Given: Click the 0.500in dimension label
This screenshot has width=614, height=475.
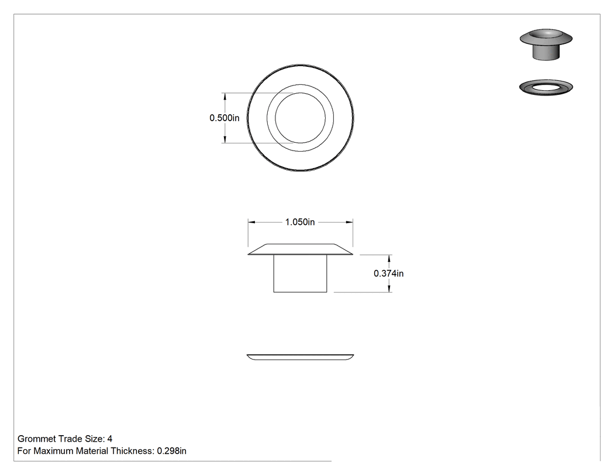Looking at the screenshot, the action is (x=225, y=118).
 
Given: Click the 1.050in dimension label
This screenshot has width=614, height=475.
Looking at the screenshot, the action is (x=300, y=222).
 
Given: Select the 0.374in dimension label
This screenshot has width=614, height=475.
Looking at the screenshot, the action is (x=388, y=274).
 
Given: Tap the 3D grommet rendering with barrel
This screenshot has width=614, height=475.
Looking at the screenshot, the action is (x=546, y=44).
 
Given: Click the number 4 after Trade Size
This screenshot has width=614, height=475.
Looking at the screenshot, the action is (x=110, y=439).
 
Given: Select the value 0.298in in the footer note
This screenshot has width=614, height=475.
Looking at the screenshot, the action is (x=171, y=451).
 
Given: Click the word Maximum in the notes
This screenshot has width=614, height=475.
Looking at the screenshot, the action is (x=54, y=451).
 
